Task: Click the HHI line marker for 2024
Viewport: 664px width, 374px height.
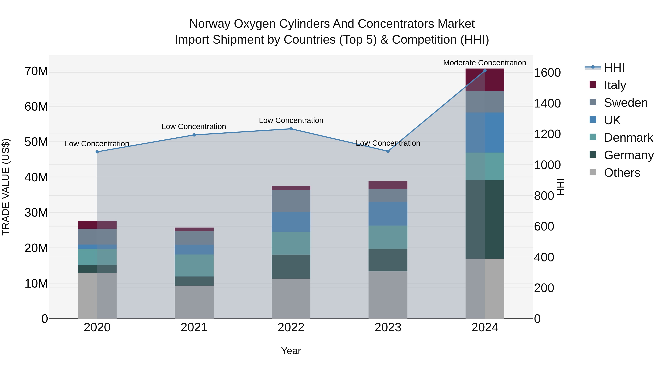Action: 485,71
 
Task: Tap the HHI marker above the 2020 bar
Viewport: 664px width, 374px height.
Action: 97,152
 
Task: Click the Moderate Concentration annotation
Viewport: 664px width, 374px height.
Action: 484,63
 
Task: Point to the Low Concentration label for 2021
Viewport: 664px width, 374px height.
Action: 194,127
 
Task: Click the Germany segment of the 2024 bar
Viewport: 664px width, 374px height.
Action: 485,219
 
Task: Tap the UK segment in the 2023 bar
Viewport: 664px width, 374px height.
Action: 388,214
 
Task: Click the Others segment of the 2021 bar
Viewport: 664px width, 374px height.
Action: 194,302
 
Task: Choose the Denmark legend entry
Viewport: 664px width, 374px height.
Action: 628,138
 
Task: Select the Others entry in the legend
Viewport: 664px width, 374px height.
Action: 622,173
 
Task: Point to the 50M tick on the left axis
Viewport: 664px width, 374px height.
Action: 36,142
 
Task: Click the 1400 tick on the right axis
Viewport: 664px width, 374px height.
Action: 547,103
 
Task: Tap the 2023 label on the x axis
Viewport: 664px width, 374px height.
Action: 388,327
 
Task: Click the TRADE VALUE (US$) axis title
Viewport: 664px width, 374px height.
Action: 6,187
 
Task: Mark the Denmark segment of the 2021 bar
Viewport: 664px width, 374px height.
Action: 194,265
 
